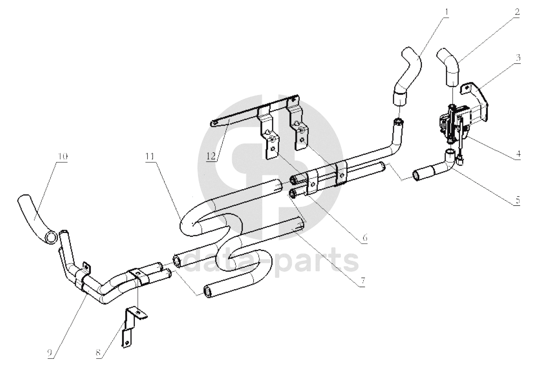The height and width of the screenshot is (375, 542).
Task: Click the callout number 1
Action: point(447,12)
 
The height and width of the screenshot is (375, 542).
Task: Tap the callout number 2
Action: point(517,12)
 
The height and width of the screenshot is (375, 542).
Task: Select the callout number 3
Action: point(518,58)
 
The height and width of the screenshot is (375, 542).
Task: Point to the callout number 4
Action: point(518,154)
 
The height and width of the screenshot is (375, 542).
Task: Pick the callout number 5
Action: point(517,200)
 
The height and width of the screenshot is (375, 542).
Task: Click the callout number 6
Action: point(365,238)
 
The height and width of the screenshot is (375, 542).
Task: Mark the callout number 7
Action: point(363,281)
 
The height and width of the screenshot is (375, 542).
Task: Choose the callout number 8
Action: point(98,353)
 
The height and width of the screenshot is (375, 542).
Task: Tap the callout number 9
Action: point(50,353)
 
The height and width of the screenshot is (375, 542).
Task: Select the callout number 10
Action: point(62,156)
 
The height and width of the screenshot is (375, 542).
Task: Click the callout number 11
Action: point(150,156)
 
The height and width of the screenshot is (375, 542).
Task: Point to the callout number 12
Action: point(211,156)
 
